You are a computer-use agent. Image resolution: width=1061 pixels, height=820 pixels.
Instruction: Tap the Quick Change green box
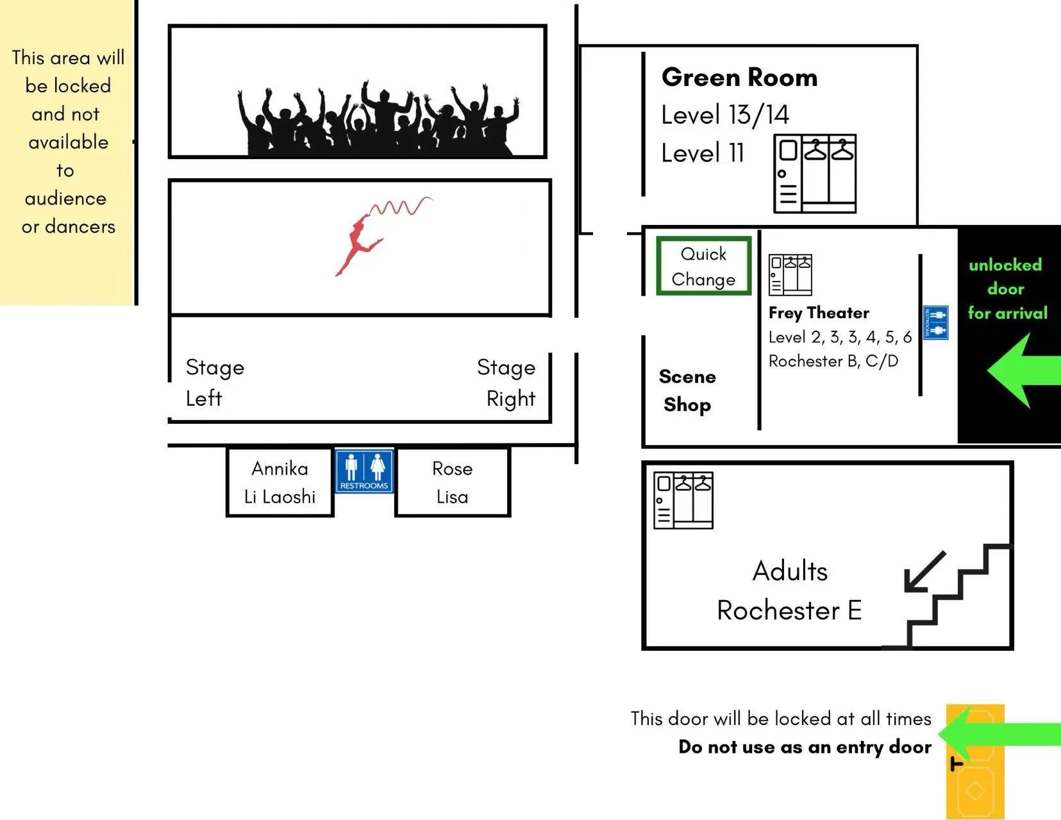click(x=703, y=267)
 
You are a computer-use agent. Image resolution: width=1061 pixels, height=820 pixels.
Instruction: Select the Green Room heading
click(x=739, y=78)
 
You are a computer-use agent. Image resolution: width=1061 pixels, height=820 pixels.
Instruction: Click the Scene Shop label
click(x=687, y=390)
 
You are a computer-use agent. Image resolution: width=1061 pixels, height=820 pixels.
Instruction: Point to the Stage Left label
click(x=214, y=383)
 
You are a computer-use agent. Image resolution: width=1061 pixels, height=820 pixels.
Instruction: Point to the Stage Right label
click(x=506, y=383)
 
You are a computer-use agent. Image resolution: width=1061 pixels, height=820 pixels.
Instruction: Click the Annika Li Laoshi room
click(x=280, y=482)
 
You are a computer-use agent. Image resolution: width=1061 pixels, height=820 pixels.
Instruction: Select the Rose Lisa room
click(x=452, y=482)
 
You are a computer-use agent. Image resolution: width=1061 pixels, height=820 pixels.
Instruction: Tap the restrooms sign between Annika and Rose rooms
click(x=364, y=471)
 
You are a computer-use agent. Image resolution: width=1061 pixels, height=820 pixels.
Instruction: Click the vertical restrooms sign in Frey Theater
click(x=935, y=322)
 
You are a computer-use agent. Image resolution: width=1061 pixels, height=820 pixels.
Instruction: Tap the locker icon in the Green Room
click(x=815, y=174)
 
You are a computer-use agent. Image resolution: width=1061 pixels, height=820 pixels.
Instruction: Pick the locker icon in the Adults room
click(x=683, y=500)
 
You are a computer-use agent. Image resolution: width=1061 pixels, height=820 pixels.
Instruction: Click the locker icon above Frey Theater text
click(x=790, y=274)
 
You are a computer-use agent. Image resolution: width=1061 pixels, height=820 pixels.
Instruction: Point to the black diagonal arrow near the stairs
click(x=923, y=572)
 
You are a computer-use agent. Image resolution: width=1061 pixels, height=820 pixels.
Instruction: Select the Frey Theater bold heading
click(x=819, y=313)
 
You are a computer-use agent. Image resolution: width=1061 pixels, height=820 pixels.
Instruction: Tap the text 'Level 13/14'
click(x=725, y=115)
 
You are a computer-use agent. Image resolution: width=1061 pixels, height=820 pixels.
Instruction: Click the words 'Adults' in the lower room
click(x=790, y=571)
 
